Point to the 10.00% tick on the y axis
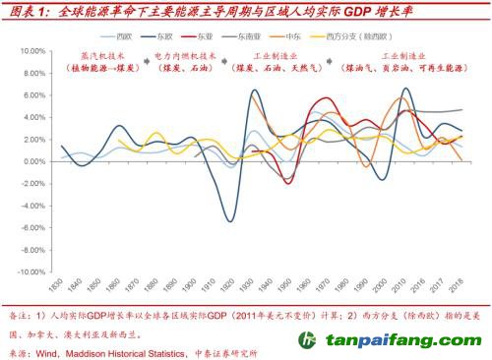tap(28, 50)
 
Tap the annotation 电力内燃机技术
tap(195, 58)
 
